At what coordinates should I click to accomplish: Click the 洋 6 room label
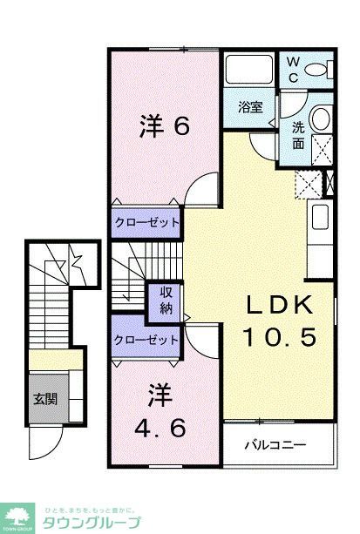[164, 127]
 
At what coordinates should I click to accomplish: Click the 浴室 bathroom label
[251, 107]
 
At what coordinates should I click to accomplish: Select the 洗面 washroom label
[298, 135]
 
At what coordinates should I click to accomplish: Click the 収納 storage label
[165, 301]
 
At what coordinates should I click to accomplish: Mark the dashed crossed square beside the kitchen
[308, 184]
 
